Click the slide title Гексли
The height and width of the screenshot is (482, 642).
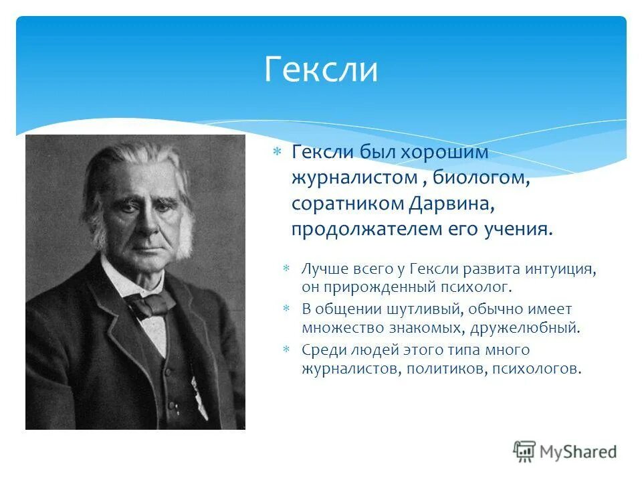coord(321,70)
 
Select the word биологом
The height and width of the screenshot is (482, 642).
coord(481,178)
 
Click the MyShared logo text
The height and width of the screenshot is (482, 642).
coord(578,451)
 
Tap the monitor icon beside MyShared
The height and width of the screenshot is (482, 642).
coord(524,451)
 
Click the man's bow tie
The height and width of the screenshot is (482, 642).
coord(152,305)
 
